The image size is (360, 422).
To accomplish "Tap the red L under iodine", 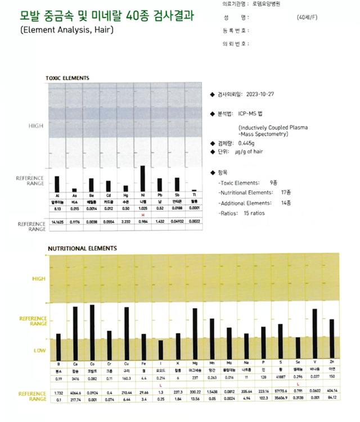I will (160, 385).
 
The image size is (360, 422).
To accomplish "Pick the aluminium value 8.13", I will (57, 208).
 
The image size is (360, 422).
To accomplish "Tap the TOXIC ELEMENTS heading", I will (67, 78).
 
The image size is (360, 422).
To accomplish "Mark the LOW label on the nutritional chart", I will (39, 350).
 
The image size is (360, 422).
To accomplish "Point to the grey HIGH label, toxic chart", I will (35, 126).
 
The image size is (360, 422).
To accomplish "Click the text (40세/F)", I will (309, 17).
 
